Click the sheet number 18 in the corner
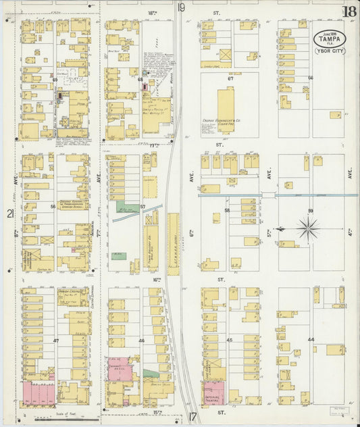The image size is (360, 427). tap(349, 11)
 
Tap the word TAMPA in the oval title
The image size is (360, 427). tap(330, 41)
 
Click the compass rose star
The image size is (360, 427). tap(309, 229)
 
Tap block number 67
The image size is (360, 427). tap(230, 79)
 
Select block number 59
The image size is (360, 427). tap(311, 211)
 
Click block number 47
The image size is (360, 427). tap(56, 342)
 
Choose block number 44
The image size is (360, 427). tap(311, 339)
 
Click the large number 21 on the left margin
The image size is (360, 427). tap(10, 214)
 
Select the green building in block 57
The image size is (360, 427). tap(126, 208)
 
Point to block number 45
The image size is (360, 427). tap(230, 340)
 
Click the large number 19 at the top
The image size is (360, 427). tap(181, 8)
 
